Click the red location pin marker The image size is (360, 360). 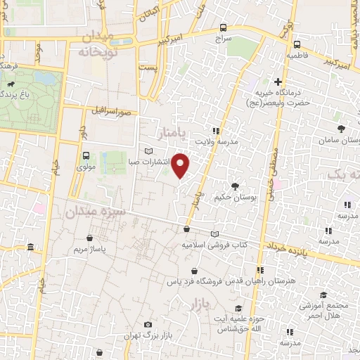(181, 167)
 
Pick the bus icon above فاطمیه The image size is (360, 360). (295, 42)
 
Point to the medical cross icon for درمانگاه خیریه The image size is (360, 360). (278, 82)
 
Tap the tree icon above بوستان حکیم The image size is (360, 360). (233, 186)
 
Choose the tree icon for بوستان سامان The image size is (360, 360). (341, 129)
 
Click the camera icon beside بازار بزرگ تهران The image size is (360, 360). (148, 324)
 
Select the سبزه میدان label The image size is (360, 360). (96, 210)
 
